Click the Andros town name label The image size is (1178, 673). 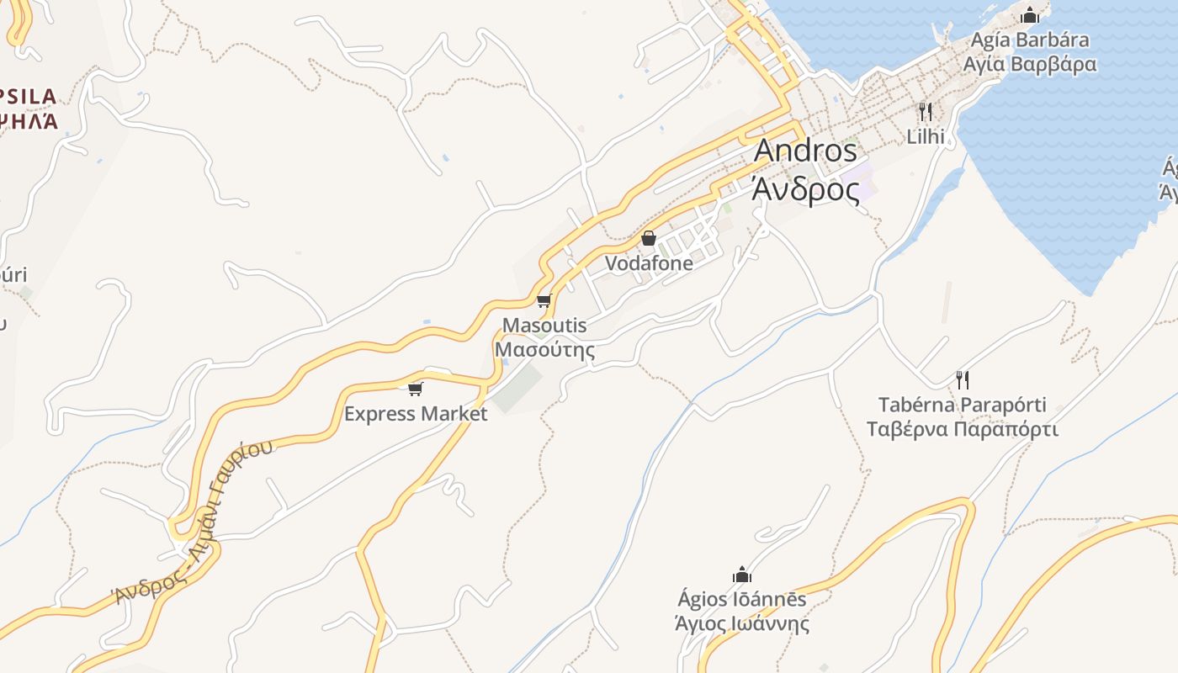(805, 151)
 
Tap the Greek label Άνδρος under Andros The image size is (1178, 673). (805, 190)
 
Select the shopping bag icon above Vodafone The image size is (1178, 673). (649, 239)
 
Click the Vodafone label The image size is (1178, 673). (650, 263)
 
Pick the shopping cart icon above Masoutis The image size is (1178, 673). (544, 301)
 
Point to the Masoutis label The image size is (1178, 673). (544, 325)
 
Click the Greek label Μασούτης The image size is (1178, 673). (544, 349)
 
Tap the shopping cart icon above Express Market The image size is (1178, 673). (415, 389)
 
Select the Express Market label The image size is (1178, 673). (416, 414)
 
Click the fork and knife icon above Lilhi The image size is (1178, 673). (926, 111)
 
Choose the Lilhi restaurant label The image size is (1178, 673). (926, 136)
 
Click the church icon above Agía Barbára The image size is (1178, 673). (1029, 15)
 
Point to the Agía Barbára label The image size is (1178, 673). (1030, 40)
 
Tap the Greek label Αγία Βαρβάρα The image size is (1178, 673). (1030, 64)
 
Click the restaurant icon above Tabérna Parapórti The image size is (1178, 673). (963, 380)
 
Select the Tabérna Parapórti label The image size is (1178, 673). (963, 405)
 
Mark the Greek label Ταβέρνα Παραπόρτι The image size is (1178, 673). (963, 429)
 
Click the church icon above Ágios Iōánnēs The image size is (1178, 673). (742, 575)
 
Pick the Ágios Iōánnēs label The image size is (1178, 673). (742, 599)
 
